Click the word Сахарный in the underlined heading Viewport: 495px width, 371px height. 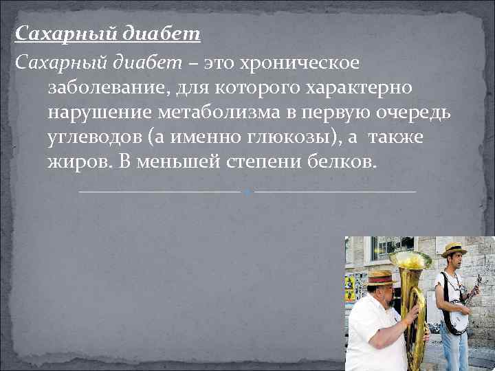tap(56, 33)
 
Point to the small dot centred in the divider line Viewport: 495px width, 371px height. tap(247, 191)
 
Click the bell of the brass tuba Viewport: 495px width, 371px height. tap(410, 260)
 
